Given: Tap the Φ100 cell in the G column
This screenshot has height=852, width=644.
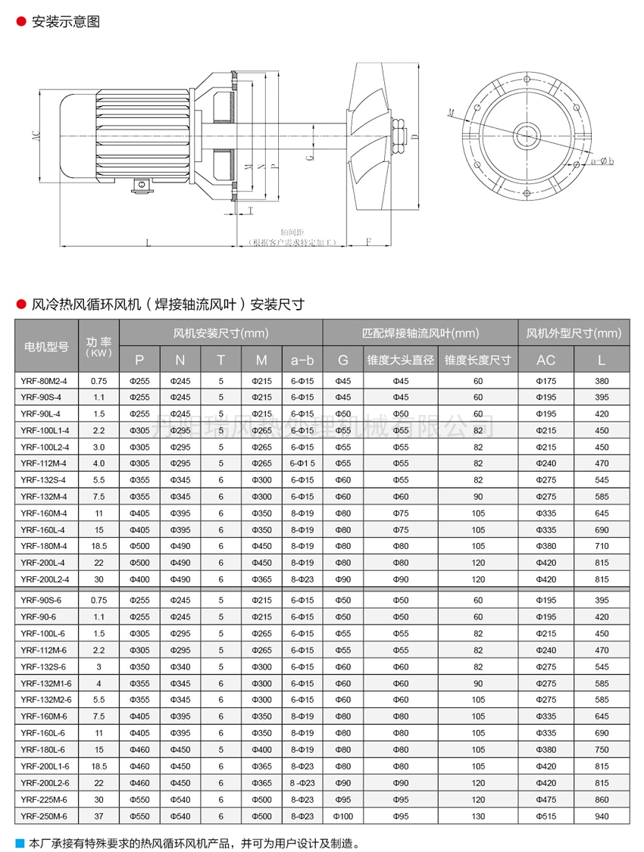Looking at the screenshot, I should coord(342,816).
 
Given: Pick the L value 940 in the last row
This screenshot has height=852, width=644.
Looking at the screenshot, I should coord(602,816).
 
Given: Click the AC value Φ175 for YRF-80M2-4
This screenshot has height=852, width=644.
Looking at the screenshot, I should coord(546,380).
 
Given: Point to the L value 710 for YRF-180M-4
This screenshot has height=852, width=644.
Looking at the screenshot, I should coord(602,545).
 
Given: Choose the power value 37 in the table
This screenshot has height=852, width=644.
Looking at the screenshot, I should coord(98,816).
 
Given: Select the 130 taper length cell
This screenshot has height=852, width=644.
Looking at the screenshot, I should coord(477,816).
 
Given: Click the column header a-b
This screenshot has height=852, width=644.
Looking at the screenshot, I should coord(302,360).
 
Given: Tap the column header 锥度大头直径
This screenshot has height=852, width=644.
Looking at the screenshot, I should coord(400,360).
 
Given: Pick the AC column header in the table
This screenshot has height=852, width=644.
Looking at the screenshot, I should coord(546,360).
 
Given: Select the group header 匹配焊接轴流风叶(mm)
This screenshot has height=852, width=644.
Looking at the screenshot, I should coord(420,333).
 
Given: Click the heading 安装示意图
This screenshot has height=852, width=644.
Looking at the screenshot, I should coord(66,22).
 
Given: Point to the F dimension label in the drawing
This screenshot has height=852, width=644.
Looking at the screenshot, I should coord(368,242).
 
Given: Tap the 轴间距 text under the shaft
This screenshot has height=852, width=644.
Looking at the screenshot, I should coord(291,233).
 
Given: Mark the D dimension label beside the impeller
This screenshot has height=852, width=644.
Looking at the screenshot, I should coord(415,136).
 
